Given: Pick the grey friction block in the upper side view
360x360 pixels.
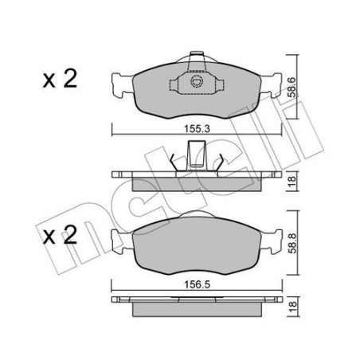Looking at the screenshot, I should [x=194, y=183].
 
